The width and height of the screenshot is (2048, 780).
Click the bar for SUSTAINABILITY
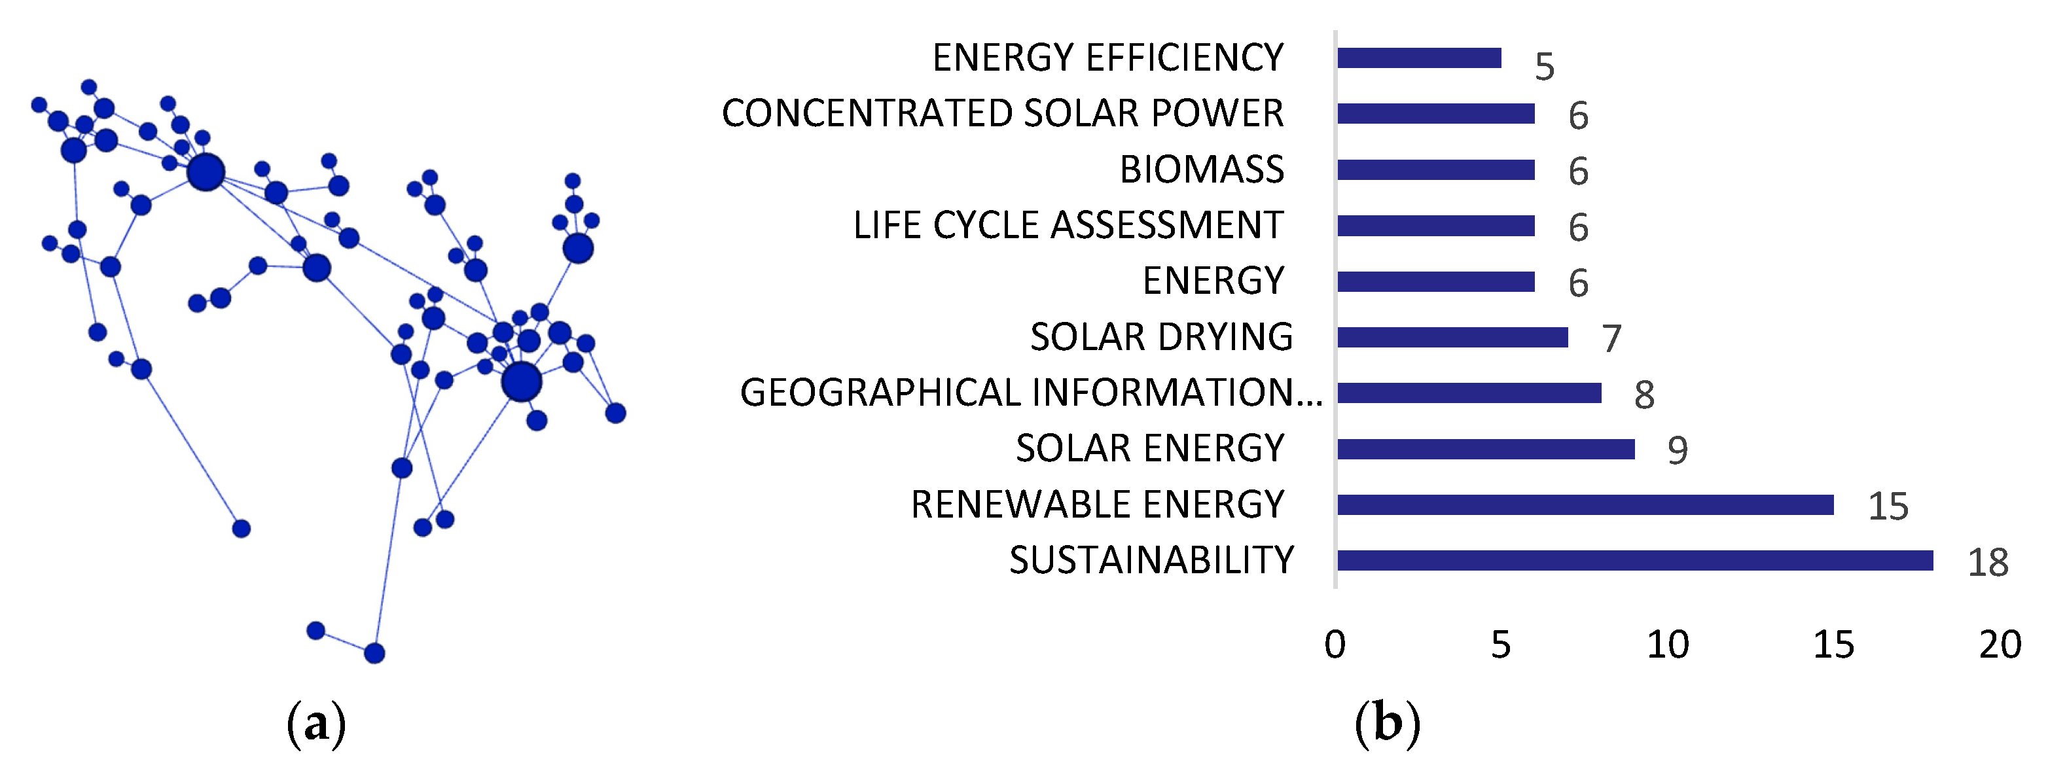[x=1634, y=561]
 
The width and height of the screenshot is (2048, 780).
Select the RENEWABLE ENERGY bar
[x=1585, y=505]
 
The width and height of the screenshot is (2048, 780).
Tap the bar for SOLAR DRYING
[x=1452, y=337]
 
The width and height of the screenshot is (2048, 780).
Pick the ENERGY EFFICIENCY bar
[x=1418, y=58]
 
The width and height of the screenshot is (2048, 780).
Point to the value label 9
[x=1677, y=451]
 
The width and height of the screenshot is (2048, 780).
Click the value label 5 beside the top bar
[x=1544, y=67]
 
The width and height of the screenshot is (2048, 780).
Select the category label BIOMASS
[x=1201, y=169]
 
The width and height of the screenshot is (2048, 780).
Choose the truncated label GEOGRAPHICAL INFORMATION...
[x=1030, y=393]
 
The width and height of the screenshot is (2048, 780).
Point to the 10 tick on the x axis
[x=1667, y=645]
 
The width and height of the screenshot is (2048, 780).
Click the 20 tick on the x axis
[x=2000, y=645]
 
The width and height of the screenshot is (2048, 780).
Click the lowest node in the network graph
[x=374, y=654]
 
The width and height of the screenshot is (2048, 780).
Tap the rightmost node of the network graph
[x=615, y=414]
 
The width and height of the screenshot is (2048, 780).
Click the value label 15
[x=1888, y=506]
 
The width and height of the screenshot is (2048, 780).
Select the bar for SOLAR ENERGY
[x=1485, y=450]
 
